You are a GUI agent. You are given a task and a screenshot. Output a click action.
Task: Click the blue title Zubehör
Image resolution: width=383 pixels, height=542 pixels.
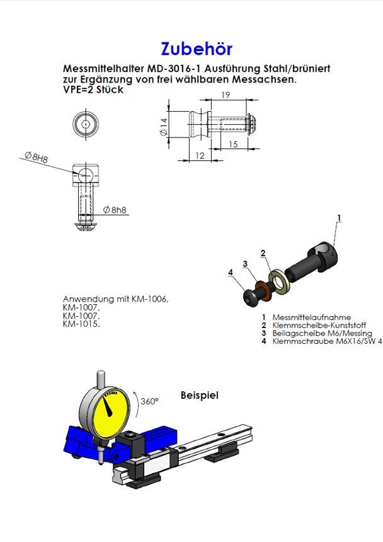(197, 49)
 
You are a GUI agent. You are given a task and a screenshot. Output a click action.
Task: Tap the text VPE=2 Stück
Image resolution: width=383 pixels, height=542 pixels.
(93, 90)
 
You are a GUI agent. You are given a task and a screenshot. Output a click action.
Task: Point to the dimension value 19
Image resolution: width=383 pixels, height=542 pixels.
(225, 95)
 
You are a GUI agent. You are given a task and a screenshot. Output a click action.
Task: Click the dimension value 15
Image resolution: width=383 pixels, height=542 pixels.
(232, 144)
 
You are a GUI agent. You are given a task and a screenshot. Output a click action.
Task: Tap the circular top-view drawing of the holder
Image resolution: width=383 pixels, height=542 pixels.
(84, 124)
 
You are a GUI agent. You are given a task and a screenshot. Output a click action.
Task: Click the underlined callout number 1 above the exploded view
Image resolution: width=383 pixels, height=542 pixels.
(339, 218)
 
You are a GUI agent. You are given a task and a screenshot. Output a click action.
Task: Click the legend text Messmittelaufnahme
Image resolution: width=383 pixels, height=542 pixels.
(311, 317)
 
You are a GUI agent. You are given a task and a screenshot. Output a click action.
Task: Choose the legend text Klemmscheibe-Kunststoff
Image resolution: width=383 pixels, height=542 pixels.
(319, 325)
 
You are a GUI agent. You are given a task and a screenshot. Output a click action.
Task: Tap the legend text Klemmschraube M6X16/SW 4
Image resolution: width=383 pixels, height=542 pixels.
(327, 341)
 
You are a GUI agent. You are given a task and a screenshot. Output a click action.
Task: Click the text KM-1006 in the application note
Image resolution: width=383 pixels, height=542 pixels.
(152, 299)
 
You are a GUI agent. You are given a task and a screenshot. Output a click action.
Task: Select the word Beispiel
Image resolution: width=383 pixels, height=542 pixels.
(199, 395)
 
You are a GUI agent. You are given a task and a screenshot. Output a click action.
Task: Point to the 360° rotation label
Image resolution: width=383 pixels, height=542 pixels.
(149, 401)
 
